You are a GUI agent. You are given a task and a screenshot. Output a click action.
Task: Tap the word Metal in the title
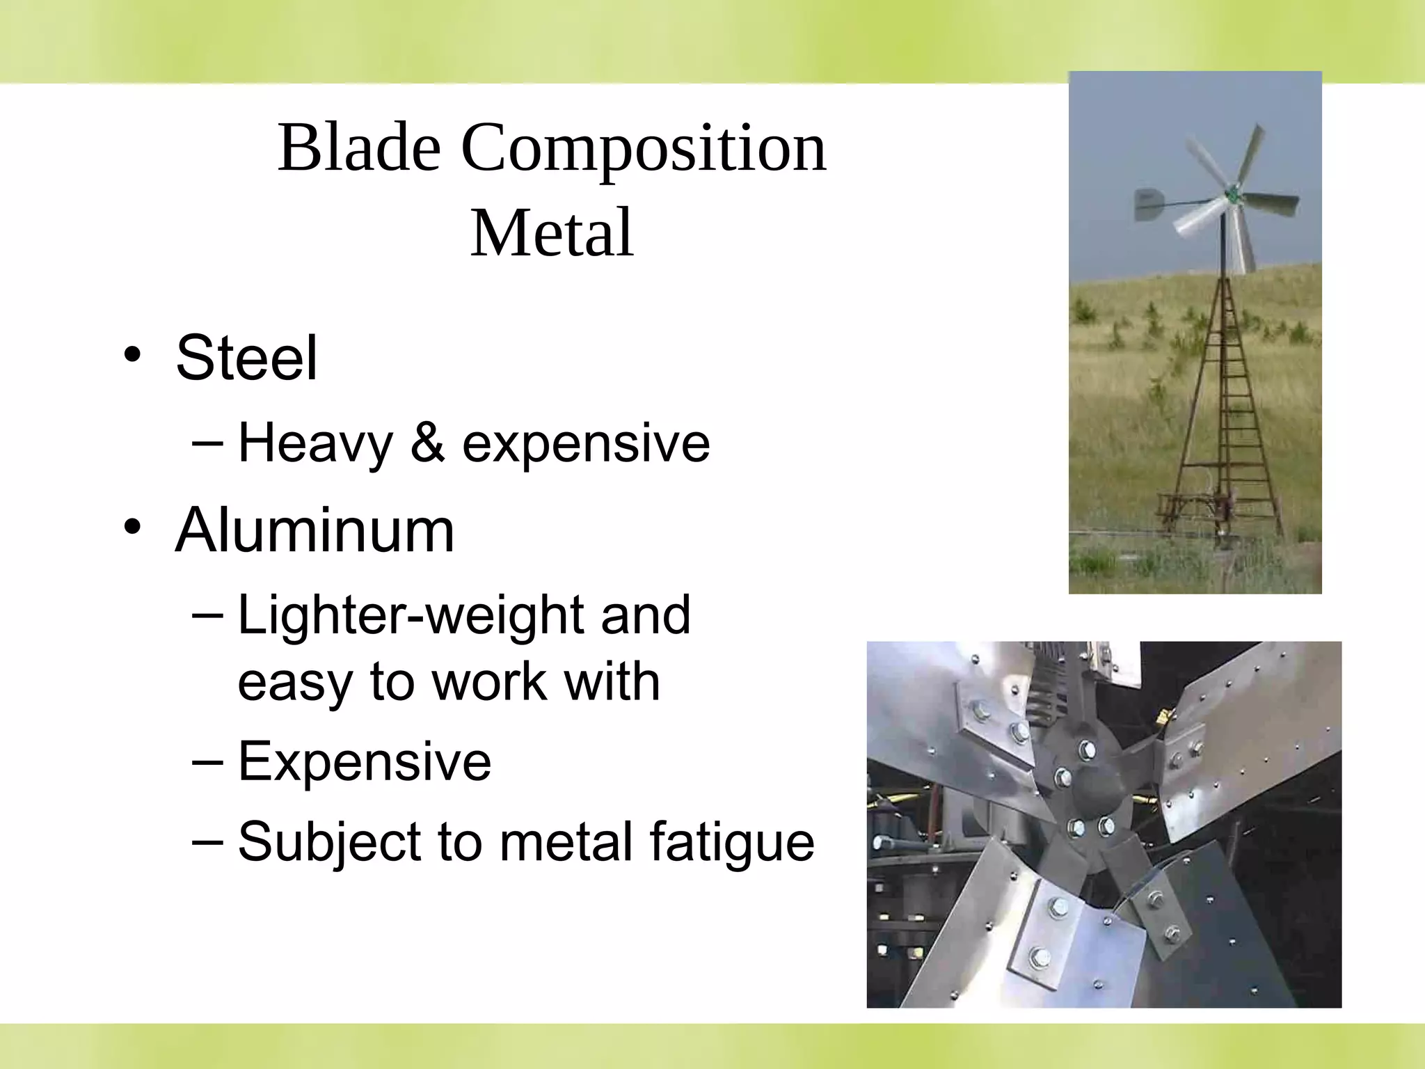pos(552,232)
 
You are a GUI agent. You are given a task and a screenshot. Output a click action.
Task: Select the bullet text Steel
pos(246,358)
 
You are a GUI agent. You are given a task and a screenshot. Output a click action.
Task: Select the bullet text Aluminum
pos(315,530)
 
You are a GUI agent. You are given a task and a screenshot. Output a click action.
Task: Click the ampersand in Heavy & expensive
pos(427,443)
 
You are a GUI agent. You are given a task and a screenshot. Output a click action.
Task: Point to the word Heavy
pos(315,443)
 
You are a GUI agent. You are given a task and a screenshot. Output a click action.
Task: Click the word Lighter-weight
pos(411,615)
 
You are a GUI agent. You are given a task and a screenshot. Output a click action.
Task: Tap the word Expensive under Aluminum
pos(365,761)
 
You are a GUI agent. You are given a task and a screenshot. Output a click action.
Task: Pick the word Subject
pos(328,842)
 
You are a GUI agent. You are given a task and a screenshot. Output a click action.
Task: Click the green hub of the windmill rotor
pos(1232,195)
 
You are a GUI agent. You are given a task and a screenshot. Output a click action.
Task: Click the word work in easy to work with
pos(489,681)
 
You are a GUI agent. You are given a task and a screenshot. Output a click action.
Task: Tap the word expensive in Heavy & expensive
pos(586,443)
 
